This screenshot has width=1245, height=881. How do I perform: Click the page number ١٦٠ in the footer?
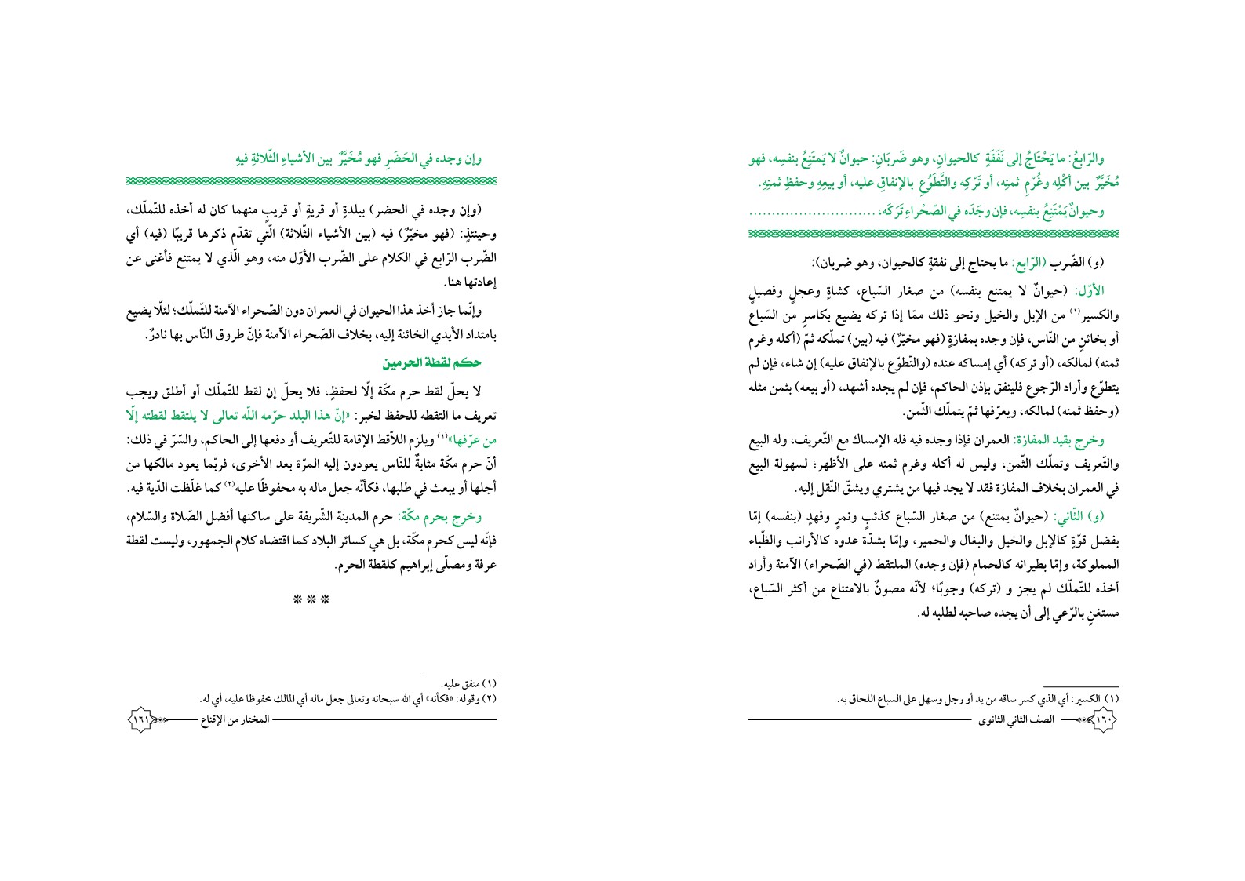tap(1104, 719)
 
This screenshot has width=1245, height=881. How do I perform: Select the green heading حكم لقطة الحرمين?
tap(431, 363)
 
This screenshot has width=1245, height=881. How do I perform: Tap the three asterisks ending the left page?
tap(310, 600)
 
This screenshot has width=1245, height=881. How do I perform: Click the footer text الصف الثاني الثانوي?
tap(1010, 719)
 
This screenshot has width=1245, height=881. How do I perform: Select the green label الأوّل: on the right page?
tap(1102, 290)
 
